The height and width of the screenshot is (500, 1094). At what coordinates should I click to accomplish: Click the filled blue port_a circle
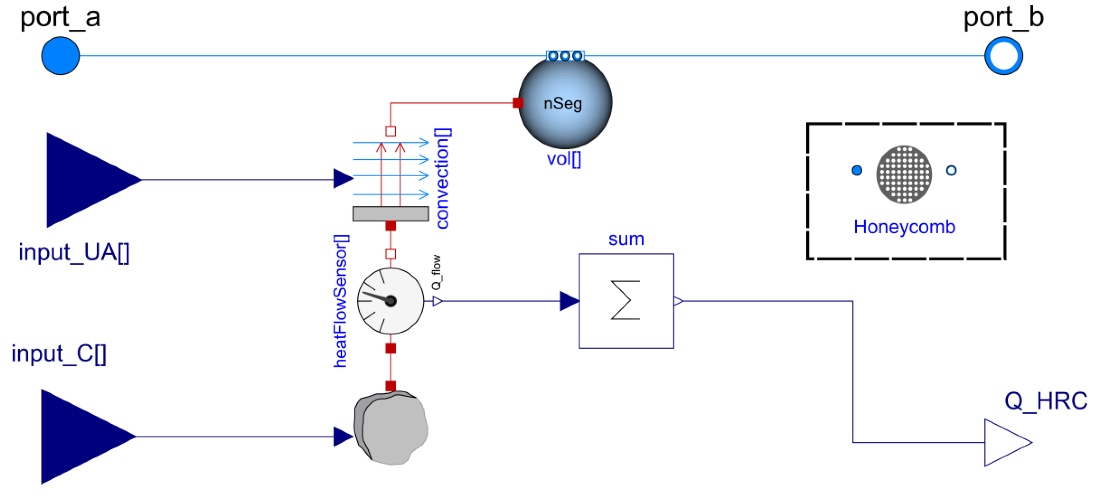point(60,56)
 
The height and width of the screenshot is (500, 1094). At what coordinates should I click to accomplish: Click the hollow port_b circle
point(1003,56)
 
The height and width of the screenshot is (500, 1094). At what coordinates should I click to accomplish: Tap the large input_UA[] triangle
point(85,180)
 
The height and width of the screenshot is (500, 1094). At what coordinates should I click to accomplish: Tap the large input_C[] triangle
point(81,436)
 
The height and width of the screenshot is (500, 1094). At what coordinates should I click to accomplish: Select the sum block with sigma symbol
point(626,301)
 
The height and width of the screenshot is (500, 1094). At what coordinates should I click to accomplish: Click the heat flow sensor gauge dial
point(390,301)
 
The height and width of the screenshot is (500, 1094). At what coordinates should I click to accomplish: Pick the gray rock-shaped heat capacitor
point(391,428)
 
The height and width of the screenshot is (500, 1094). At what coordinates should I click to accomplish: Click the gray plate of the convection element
point(390,213)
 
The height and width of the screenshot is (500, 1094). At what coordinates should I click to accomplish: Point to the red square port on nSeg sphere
point(518,103)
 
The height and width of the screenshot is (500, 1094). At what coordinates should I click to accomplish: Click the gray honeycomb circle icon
point(904,174)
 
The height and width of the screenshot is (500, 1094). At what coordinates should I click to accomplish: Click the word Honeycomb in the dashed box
point(904,227)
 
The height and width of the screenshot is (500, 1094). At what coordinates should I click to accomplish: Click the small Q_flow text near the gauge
point(436,272)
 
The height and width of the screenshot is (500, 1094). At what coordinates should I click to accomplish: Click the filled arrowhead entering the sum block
point(569,301)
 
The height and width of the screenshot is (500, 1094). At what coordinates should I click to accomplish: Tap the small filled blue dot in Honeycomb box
point(857,170)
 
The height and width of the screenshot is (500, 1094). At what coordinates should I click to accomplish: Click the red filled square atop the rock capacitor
point(390,385)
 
